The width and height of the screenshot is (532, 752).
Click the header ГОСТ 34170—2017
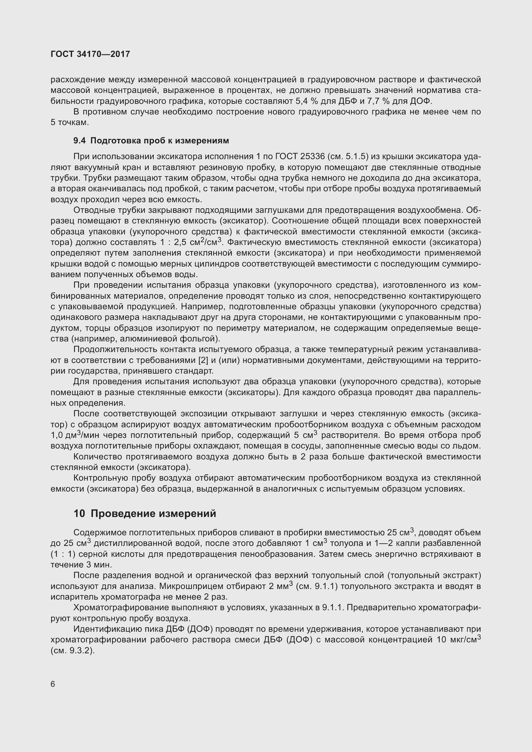[90, 54]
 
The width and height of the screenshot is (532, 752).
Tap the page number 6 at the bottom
[53, 684]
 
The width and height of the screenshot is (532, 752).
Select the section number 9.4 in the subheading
[79, 141]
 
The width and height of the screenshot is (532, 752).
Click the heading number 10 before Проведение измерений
[79, 513]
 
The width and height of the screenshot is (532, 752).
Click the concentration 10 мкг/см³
[458, 640]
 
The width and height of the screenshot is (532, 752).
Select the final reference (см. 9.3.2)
[73, 650]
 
